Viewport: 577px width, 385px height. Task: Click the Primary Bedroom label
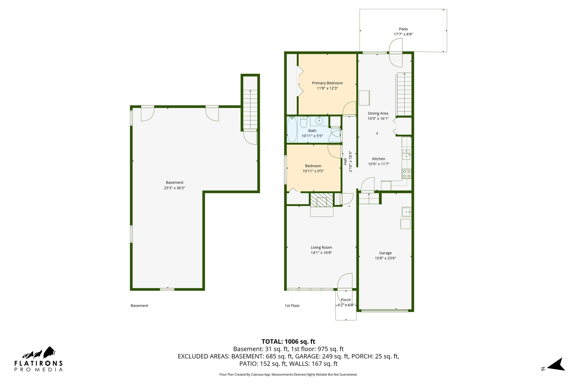click(327, 83)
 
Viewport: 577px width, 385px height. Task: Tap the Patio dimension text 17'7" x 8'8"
click(403, 34)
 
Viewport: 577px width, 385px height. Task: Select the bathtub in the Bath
click(292, 130)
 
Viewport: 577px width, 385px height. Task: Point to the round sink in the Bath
click(319, 121)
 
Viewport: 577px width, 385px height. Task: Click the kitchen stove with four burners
click(406, 173)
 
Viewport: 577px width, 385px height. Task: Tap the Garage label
click(385, 253)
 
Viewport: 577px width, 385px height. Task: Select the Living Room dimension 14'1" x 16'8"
click(321, 253)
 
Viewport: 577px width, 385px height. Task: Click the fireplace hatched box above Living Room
click(321, 200)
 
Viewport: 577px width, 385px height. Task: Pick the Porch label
click(346, 300)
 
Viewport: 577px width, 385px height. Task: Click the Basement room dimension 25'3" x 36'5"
click(174, 188)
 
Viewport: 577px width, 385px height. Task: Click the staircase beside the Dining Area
click(404, 94)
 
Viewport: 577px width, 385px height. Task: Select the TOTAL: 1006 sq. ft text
click(288, 342)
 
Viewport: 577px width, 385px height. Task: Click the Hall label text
click(345, 161)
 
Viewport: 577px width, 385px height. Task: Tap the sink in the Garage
click(406, 212)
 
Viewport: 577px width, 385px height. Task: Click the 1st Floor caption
click(292, 305)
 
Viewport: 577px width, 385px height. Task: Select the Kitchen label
click(378, 159)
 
